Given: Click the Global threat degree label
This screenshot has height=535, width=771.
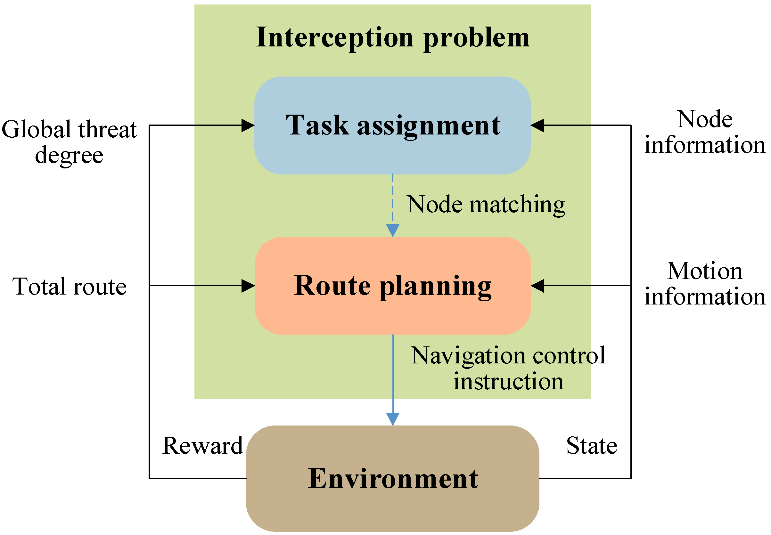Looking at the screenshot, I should pos(69,142).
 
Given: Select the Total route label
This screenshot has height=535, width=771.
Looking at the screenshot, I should pos(70,287).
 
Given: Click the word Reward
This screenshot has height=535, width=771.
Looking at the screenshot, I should pos(202,446).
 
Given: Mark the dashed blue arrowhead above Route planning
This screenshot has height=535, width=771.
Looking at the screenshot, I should pos(392,230).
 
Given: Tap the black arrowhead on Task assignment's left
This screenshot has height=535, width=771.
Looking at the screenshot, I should pos(248,126).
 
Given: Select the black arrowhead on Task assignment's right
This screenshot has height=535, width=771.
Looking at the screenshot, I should pos(537,126).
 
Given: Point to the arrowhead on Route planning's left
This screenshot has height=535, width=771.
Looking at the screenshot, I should pos(248,286).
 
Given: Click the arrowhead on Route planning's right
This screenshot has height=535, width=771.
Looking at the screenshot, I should pos(537,286).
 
